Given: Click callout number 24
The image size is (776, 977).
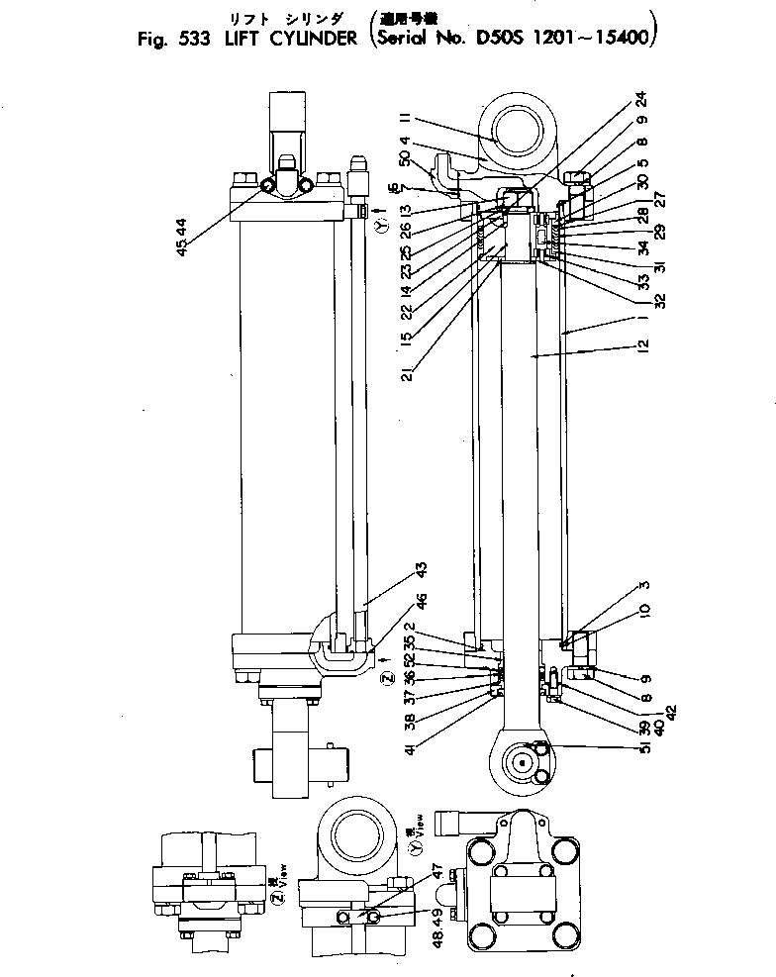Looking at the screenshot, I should (642, 101).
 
